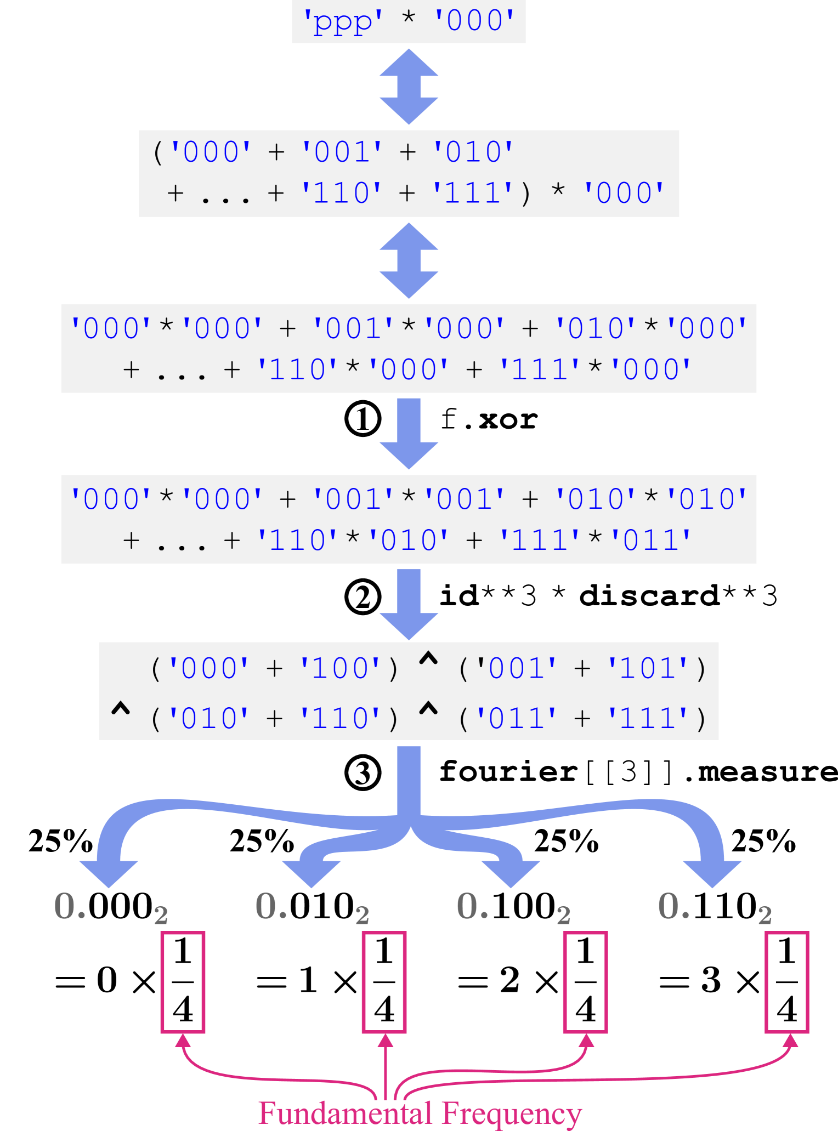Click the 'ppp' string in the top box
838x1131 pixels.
(x=343, y=22)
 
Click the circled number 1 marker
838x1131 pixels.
(x=363, y=419)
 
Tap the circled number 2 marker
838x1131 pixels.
(x=363, y=597)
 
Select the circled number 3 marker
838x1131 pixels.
(x=363, y=773)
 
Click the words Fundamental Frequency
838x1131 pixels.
(x=420, y=1113)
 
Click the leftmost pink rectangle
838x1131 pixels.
(x=183, y=982)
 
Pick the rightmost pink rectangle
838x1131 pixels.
(x=787, y=982)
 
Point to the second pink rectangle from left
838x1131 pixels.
(x=384, y=982)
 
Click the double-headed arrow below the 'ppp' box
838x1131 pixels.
(x=409, y=87)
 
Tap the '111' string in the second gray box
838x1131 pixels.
(x=473, y=194)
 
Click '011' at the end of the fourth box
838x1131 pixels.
(x=651, y=541)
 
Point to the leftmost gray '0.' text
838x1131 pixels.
(x=70, y=906)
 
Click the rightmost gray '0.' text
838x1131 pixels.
(x=674, y=906)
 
